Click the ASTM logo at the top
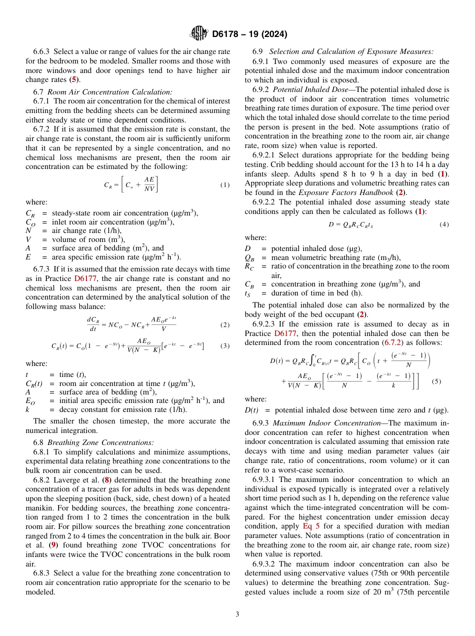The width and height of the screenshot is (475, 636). [198, 34]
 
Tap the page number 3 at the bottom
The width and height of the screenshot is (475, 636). [237, 614]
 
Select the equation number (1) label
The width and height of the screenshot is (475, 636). [224, 184]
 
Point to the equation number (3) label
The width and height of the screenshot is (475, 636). [224, 345]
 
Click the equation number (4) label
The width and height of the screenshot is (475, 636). [444, 224]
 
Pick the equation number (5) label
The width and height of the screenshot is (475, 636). [436, 381]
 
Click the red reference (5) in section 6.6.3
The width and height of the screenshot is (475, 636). [73, 79]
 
